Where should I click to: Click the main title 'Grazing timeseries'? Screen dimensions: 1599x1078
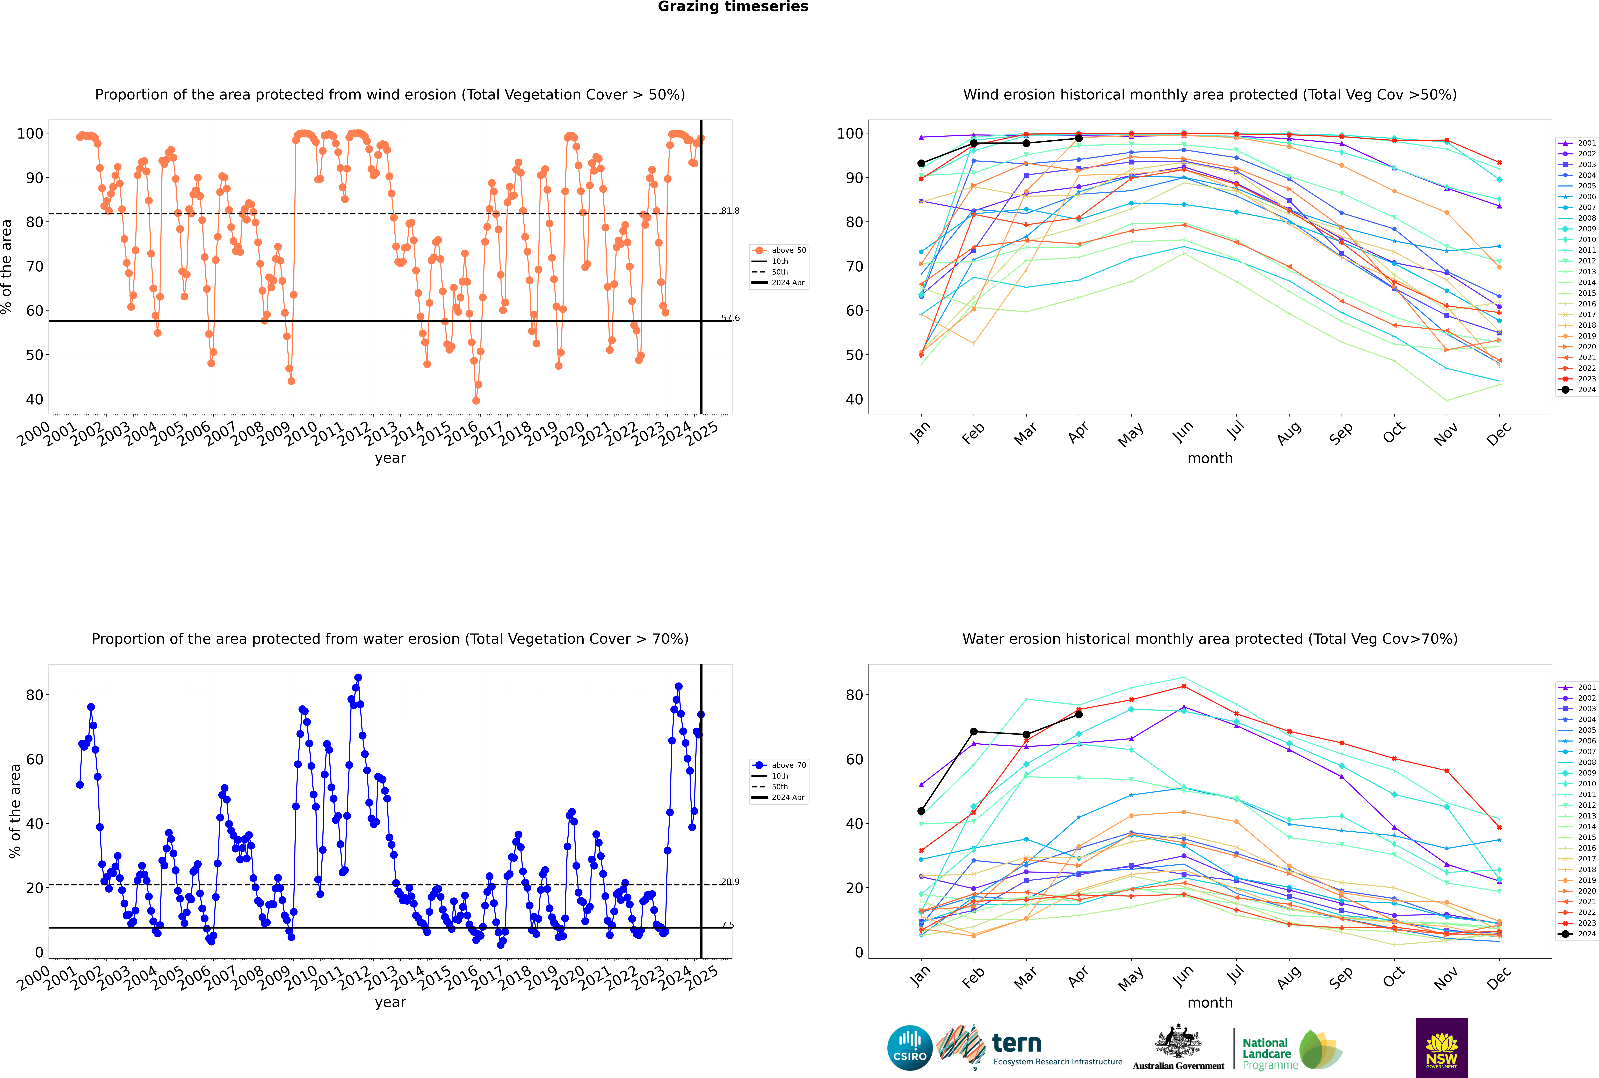[x=733, y=7]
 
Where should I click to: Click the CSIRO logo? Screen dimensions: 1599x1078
[x=909, y=1048]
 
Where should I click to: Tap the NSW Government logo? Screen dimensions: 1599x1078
[x=1442, y=1048]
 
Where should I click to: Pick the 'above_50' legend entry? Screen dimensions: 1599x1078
[x=779, y=250]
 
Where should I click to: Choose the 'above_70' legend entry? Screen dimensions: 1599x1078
[x=779, y=765]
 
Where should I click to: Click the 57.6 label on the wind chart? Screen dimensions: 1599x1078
[x=730, y=318]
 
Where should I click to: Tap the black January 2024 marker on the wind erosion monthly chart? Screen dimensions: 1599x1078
[x=921, y=164]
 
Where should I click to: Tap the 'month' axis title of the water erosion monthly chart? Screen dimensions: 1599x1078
[x=1210, y=1002]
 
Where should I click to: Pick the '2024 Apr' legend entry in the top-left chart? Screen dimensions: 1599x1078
[x=779, y=283]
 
